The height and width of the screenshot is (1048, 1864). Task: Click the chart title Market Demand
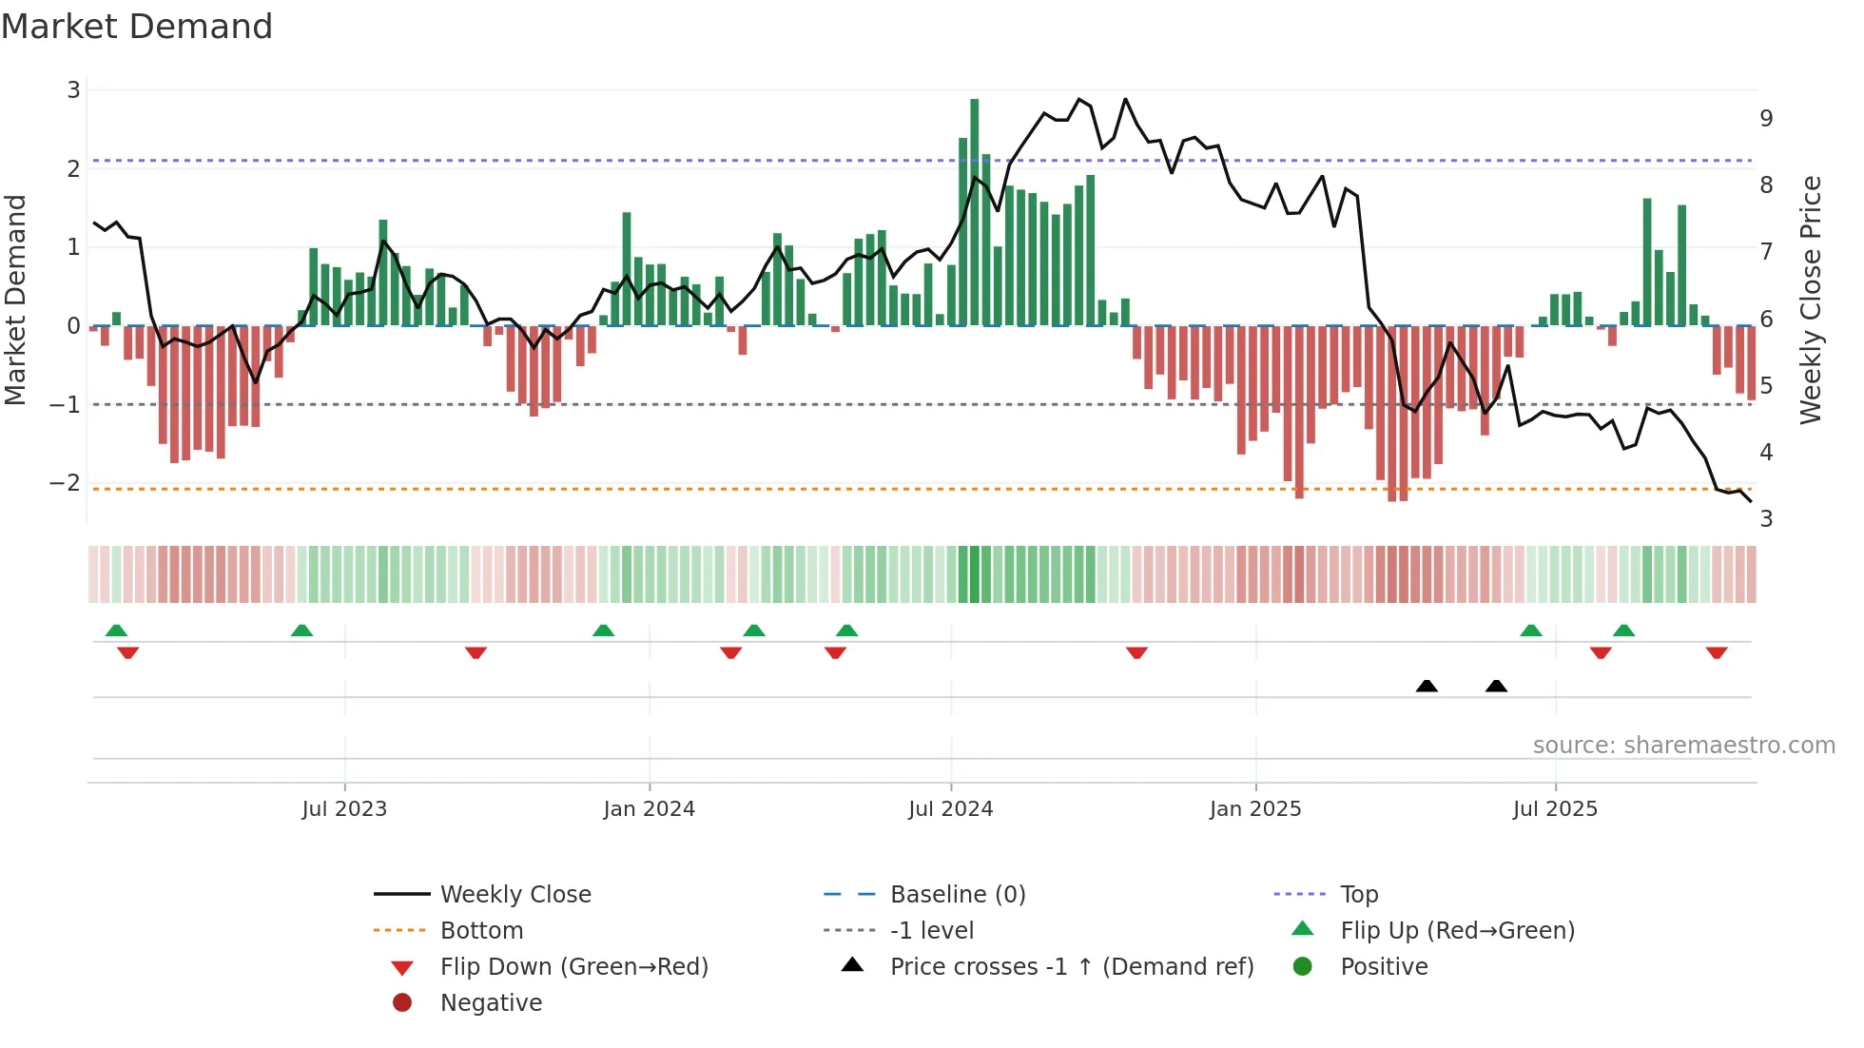pos(137,27)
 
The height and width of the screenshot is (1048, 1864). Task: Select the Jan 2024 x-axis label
pos(649,809)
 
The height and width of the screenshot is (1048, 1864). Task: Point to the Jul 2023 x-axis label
pos(344,809)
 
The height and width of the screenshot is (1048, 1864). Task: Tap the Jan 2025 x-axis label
pos(1255,809)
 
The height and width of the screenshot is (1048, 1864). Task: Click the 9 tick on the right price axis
pos(1766,119)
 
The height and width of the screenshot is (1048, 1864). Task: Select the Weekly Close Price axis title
pos(1811,300)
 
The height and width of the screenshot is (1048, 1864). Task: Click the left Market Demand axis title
pos(15,300)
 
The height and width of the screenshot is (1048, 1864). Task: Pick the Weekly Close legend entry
pos(515,895)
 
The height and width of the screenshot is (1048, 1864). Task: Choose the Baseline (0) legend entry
pos(957,895)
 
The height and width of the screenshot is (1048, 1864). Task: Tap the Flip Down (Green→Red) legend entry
pos(573,967)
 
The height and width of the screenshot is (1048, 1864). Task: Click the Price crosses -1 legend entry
pos(1071,967)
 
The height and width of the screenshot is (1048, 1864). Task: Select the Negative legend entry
pos(491,1003)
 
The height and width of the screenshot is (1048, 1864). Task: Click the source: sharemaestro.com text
pos(1683,746)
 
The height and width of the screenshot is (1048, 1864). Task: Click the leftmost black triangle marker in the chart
pos(1427,686)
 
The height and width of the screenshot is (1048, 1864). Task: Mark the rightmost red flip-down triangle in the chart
pos(1717,653)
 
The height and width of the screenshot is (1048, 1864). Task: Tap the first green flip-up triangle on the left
pos(116,631)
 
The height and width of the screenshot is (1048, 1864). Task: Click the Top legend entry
pos(1358,895)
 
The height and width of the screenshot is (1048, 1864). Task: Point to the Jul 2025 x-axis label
pos(1555,809)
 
